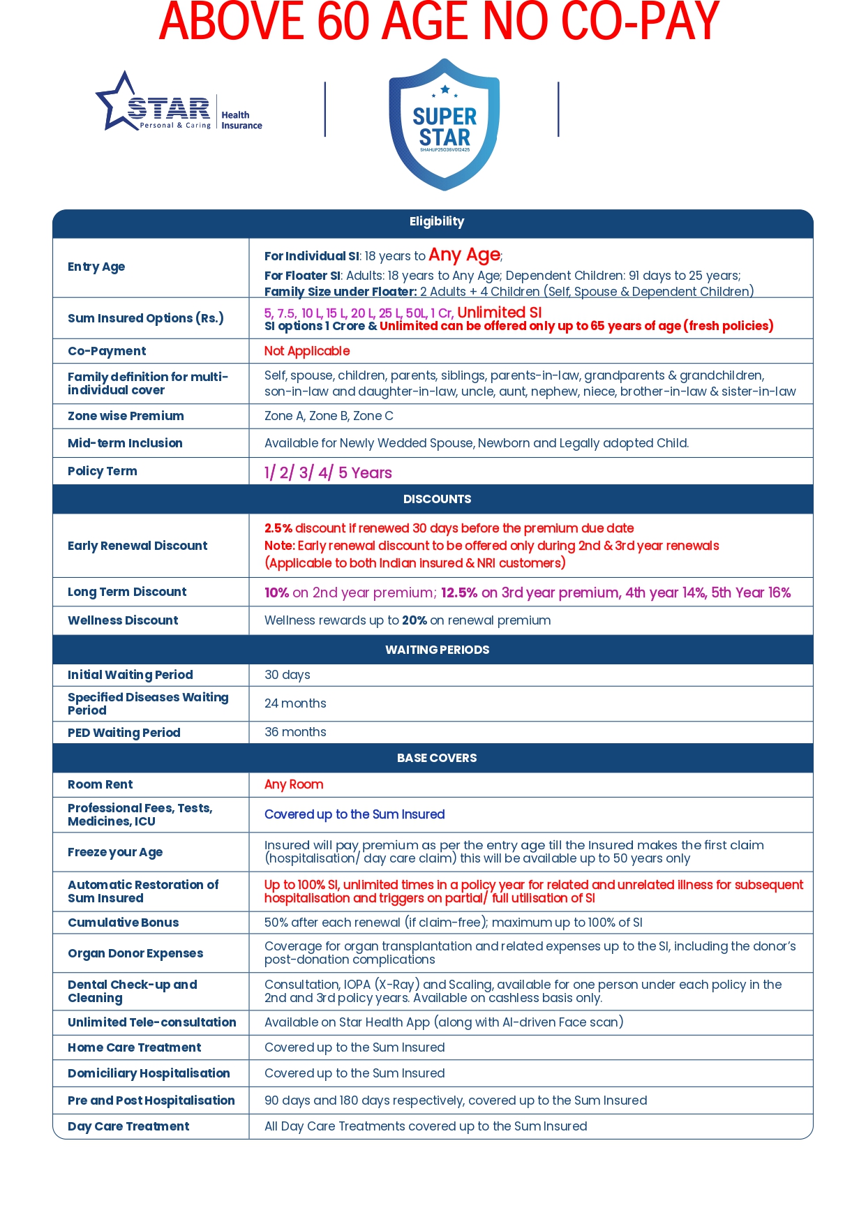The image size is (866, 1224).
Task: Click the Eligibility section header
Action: [x=436, y=222]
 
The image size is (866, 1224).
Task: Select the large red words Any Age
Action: [x=464, y=255]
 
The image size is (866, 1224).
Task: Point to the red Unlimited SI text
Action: [x=499, y=312]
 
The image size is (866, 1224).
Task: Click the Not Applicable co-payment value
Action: [x=307, y=351]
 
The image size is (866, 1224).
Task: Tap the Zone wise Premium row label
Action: [x=126, y=416]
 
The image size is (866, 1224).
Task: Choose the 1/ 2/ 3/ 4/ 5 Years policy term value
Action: [x=328, y=472]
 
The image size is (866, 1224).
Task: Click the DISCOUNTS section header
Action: [x=437, y=499]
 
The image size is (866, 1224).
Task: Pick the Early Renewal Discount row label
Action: [x=137, y=546]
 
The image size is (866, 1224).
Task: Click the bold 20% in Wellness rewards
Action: [x=414, y=620]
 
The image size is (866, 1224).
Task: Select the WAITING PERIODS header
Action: [x=437, y=650]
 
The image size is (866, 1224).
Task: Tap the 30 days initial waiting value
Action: [x=287, y=675]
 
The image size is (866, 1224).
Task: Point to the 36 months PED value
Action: [x=295, y=732]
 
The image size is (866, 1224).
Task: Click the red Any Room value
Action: [x=294, y=784]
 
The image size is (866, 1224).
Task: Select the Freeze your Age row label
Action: [x=115, y=852]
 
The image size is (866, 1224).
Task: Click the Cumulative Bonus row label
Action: [x=123, y=923]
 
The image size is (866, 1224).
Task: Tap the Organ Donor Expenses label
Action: [x=135, y=953]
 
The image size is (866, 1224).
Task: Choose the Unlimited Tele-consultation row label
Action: [x=151, y=1022]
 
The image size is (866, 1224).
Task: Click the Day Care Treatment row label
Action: [x=128, y=1126]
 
